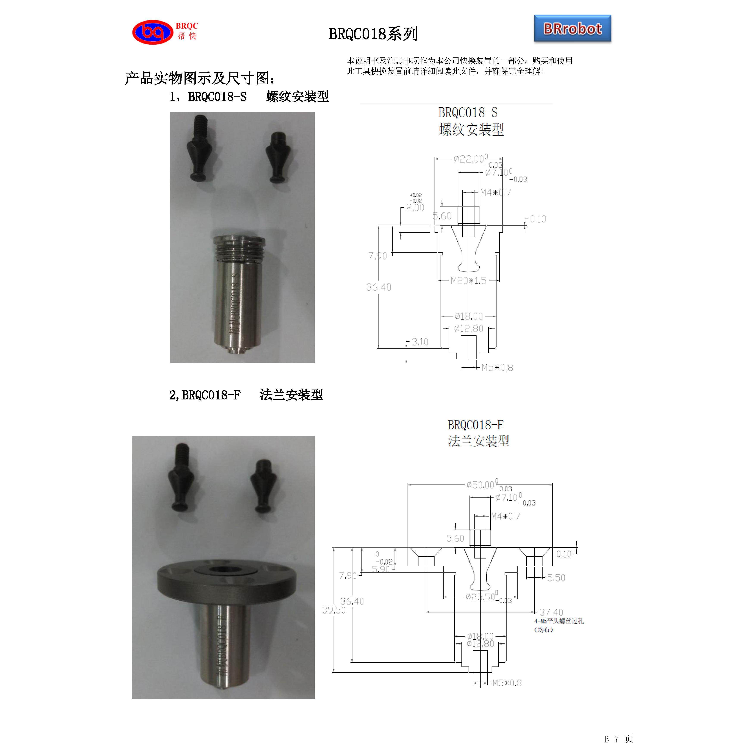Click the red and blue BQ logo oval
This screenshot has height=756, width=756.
tap(153, 32)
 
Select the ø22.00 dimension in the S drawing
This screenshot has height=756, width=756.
tap(469, 159)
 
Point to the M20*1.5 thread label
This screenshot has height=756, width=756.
tap(468, 281)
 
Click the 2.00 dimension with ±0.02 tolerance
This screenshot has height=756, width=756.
tap(415, 208)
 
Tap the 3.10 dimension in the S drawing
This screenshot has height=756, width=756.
tap(420, 342)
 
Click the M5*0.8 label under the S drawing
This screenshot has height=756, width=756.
tap(497, 367)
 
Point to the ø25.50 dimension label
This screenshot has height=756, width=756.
tap(481, 597)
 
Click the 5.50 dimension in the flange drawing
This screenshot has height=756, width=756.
tap(556, 578)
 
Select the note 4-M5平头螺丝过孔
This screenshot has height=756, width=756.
tap(559, 621)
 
